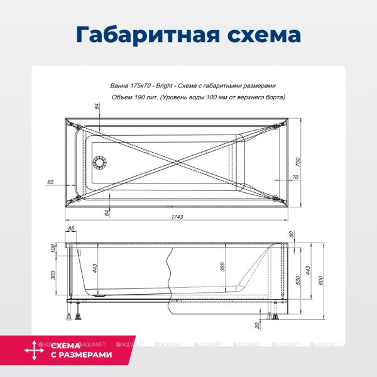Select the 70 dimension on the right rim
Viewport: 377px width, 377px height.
pos(295,178)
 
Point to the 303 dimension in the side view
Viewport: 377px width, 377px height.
pos(53,274)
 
